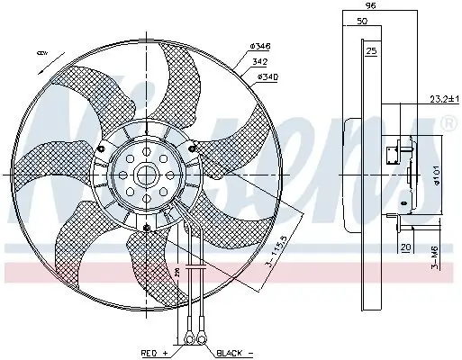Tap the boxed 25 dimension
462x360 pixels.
click(371, 50)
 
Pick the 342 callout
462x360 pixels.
click(259, 62)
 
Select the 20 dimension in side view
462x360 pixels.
click(405, 246)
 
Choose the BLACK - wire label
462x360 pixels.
click(233, 352)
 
